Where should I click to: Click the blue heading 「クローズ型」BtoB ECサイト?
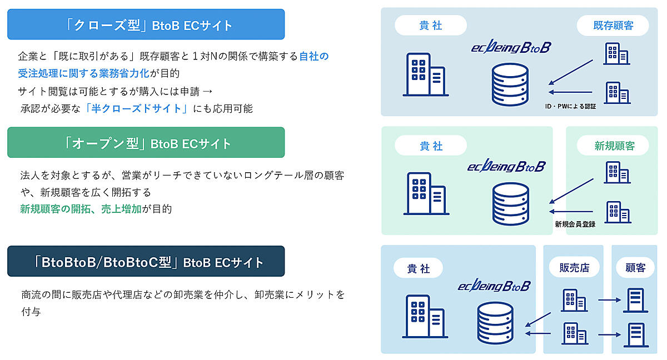146,24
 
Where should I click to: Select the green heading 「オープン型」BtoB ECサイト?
146,143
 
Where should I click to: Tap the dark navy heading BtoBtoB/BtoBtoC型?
146,262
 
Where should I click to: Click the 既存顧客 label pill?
613,25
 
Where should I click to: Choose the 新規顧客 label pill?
614,146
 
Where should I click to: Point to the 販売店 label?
574,268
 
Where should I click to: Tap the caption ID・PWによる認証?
570,106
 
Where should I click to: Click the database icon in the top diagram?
510,84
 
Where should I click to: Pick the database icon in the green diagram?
510,203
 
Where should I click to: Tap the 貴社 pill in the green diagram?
431,146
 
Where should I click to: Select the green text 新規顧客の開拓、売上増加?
81,209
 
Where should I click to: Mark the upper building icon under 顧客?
635,300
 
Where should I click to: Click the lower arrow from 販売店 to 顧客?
609,335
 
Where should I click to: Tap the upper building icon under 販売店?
574,300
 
